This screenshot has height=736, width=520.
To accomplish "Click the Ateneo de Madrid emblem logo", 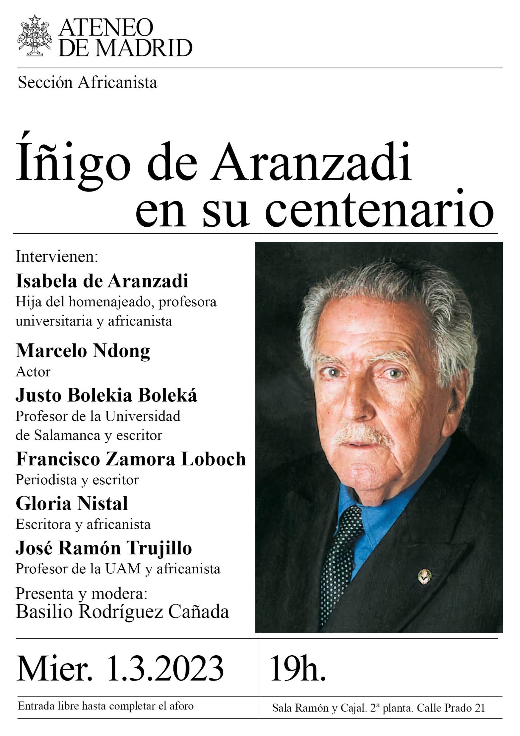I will [35, 36].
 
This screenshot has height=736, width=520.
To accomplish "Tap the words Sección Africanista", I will [87, 83].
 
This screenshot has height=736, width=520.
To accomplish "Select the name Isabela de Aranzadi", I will [102, 281].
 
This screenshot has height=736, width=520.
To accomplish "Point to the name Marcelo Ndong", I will [83, 351].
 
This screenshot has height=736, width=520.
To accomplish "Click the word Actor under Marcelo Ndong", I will [33, 372].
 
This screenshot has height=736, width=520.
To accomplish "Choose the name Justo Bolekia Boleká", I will [106, 395].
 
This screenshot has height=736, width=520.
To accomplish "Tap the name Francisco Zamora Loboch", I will [131, 459].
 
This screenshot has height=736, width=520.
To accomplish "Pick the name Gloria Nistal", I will [72, 504].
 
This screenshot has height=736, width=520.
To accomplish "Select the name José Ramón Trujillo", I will [103, 548].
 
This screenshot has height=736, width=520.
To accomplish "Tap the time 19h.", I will [297, 668].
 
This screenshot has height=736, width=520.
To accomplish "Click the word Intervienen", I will [57, 257].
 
